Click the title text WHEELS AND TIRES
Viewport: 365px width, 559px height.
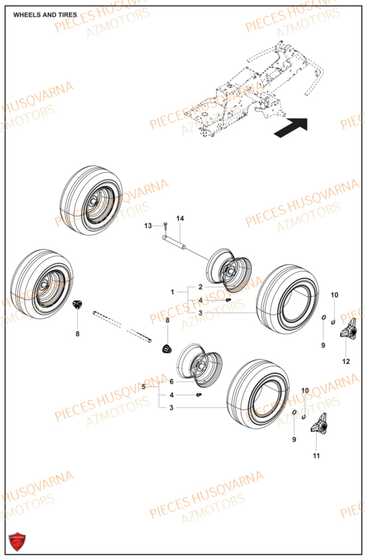coord(45,15)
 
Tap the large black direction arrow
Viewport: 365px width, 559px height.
coord(291,127)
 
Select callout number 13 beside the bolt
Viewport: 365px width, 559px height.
coord(148,225)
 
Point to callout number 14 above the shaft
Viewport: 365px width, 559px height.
coord(180,218)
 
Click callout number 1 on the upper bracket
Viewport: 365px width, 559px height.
coord(173,292)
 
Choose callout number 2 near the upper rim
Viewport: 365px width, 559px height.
coord(200,286)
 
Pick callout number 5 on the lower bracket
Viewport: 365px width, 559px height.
coord(144,386)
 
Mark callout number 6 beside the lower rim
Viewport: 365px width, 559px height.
coord(172,381)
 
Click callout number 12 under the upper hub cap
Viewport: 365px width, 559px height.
coord(346,362)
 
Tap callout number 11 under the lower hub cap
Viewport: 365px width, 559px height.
coord(316,456)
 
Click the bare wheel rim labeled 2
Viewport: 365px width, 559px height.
coord(229,268)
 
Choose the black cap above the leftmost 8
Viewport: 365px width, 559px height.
coord(78,304)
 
